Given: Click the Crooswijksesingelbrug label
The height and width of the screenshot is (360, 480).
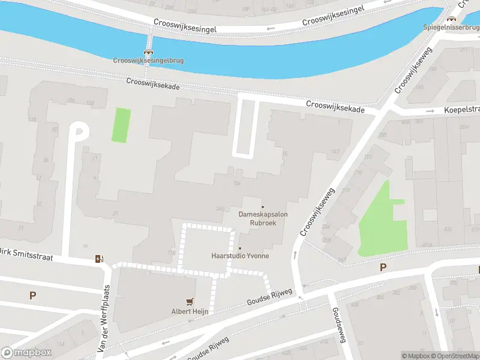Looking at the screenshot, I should coord(148,60).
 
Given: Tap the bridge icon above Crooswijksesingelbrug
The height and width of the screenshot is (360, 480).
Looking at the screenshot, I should coord(148,52).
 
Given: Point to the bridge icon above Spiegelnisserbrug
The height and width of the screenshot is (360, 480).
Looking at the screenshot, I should coord(451,19).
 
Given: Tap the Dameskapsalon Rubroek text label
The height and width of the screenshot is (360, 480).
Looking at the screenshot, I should coord(262,218).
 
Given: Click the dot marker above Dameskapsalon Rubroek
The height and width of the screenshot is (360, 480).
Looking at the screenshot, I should coord(262,207).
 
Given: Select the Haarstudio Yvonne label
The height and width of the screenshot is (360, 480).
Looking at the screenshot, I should coord(240,256).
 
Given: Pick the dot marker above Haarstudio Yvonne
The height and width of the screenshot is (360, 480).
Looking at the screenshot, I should coord(240,248).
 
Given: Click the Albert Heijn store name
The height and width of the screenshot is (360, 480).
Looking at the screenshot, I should coord(190,311).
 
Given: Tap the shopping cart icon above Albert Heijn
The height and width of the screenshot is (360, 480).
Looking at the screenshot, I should coord(190,302).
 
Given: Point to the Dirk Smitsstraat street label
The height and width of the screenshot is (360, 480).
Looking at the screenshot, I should coord(27,254).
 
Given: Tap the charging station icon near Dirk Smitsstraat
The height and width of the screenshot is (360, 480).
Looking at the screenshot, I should coord(99,259).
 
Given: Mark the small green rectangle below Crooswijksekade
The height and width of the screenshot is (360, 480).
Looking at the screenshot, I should coord(121,125).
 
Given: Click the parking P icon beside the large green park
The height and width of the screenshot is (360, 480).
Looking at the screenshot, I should coord(383,268).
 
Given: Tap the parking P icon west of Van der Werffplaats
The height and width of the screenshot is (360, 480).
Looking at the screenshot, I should coord(32,295).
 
